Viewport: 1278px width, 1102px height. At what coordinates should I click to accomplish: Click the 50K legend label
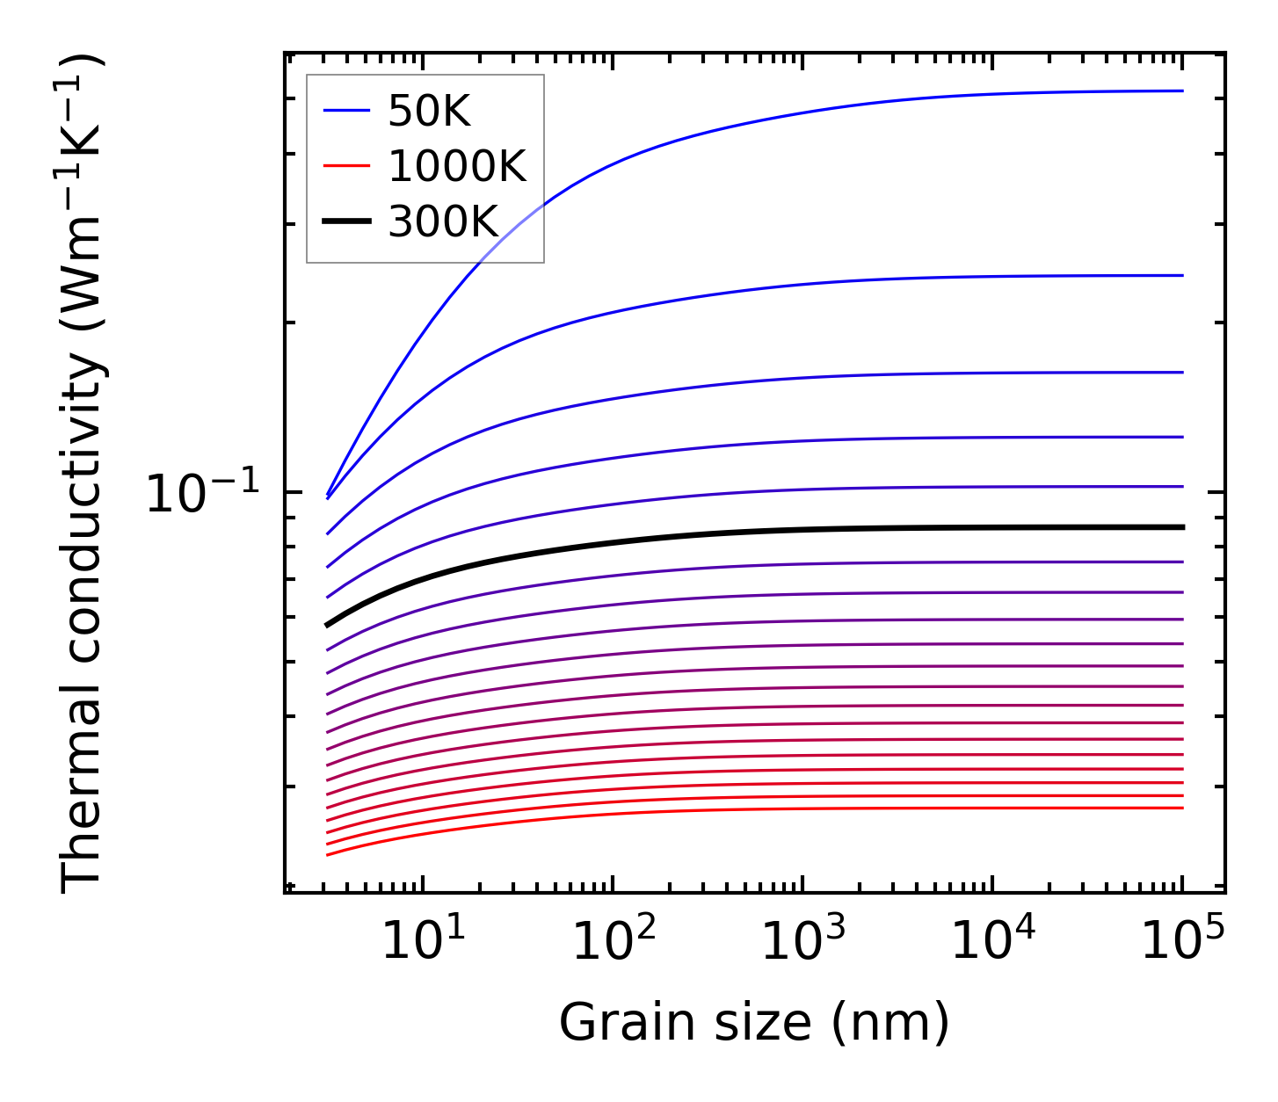pos(430,111)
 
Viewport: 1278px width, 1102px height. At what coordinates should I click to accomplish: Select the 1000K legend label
pos(457,166)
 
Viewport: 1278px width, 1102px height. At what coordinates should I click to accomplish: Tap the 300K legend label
pos(443,222)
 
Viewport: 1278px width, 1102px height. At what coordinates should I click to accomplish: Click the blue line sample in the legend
pos(347,111)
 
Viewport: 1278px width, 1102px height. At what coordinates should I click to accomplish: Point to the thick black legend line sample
pos(347,222)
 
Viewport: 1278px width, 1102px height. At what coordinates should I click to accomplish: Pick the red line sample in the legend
pos(347,166)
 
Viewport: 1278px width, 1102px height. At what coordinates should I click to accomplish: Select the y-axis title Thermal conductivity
pos(84,475)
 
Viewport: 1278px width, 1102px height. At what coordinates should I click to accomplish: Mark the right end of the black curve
pos(1183,527)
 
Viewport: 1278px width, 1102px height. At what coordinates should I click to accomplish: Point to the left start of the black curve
pos(327,625)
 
